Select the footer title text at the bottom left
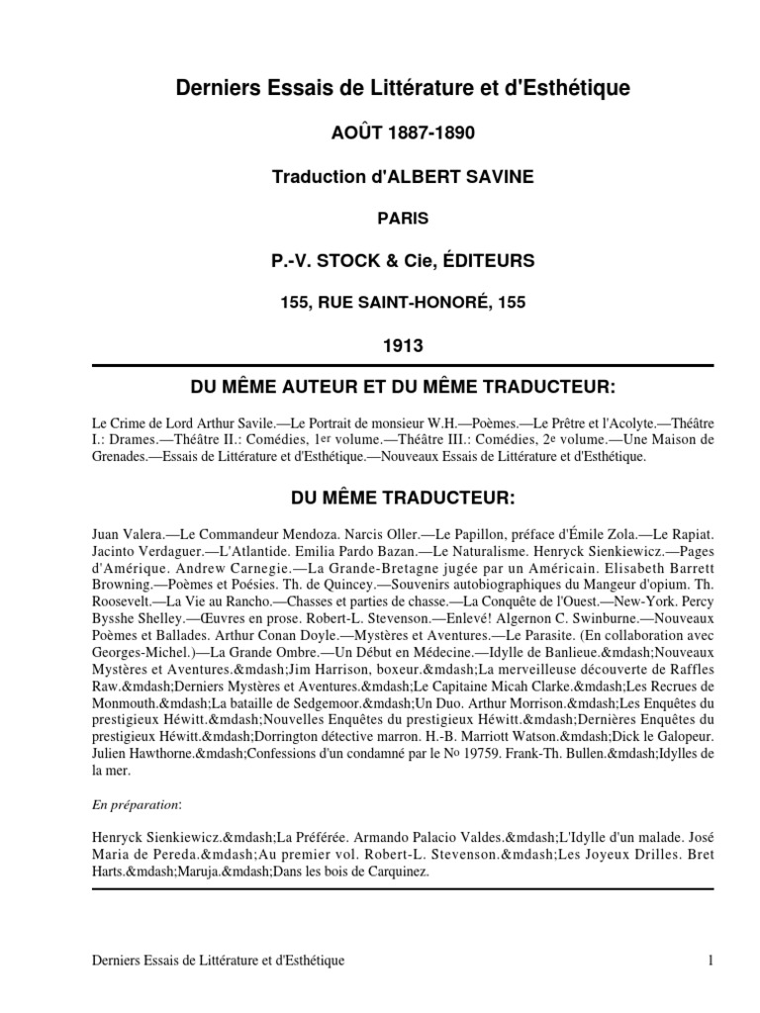(x=217, y=961)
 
